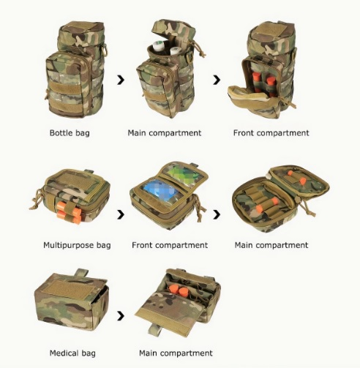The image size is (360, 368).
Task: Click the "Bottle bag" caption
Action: (x=70, y=133)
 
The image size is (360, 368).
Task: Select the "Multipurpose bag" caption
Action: (x=77, y=245)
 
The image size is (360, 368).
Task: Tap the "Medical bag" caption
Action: (x=72, y=353)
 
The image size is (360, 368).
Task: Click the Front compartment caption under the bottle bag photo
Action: (x=271, y=133)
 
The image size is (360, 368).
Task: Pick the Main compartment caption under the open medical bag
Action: (x=176, y=353)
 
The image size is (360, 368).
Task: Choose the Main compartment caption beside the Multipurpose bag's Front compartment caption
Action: (x=271, y=245)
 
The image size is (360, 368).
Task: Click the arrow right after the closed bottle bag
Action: (x=121, y=80)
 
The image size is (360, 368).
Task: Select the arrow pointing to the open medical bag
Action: (x=121, y=316)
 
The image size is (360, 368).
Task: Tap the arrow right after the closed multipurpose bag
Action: (x=121, y=214)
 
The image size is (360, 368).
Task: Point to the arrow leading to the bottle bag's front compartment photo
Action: (x=217, y=80)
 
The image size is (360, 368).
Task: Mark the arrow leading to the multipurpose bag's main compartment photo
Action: (x=217, y=214)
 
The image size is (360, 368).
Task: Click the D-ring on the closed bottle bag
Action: (x=105, y=51)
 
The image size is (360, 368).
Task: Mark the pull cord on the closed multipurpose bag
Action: (x=37, y=199)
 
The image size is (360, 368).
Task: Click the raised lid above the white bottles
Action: (x=173, y=29)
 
